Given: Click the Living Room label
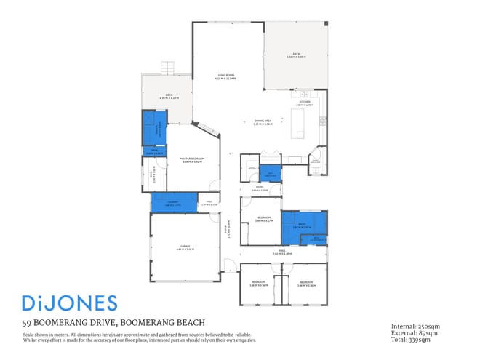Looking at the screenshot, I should click(x=224, y=76).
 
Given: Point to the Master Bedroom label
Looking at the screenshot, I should click(x=193, y=159).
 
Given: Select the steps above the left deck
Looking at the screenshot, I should click(x=169, y=68).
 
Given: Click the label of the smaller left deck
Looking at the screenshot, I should click(x=168, y=96).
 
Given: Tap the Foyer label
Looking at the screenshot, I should click(x=230, y=229).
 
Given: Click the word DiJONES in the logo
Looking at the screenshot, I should click(x=68, y=303).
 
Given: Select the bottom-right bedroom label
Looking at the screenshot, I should click(x=305, y=283).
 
